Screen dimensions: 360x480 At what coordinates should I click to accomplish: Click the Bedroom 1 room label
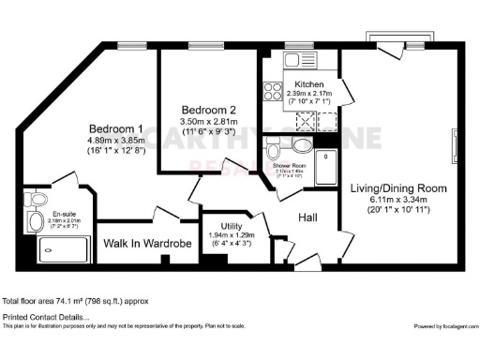116,128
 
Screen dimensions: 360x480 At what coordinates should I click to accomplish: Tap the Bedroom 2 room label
209,110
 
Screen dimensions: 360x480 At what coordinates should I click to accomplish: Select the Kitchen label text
309,84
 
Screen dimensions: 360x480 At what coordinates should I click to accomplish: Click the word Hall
307,217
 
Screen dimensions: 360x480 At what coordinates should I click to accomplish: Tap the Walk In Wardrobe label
147,244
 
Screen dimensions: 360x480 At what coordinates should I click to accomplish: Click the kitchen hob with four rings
274,91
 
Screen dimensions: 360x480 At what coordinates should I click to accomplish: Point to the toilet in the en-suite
36,221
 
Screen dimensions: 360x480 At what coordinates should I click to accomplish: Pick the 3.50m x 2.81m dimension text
209,122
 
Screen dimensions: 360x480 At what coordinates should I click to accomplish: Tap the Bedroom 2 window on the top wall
201,44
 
